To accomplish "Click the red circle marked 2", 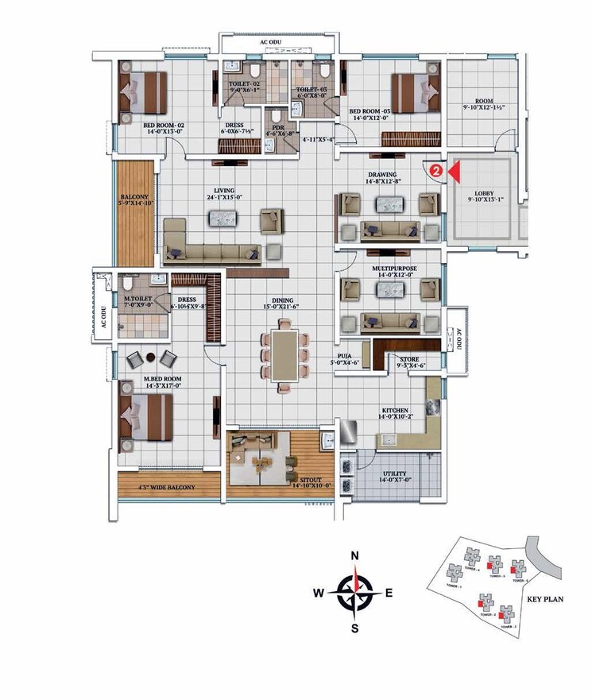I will [435, 169].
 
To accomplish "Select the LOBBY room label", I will [485, 193].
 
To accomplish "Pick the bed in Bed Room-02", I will [143, 91].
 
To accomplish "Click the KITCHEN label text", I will [395, 411].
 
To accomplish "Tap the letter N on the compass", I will [356, 555].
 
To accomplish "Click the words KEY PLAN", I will [545, 600].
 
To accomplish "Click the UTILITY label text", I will [396, 474].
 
